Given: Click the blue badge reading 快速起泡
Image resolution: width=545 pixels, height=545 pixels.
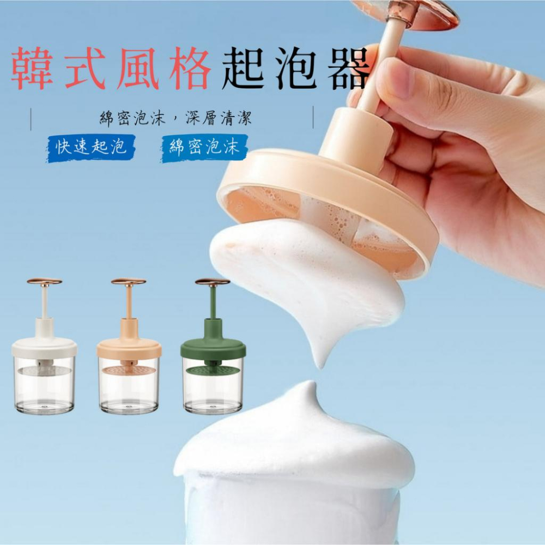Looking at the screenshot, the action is pyautogui.click(x=90, y=148).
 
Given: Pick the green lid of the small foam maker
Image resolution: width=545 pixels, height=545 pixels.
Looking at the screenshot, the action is pyautogui.click(x=213, y=349).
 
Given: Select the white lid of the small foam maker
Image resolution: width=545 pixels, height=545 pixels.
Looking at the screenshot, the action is pyautogui.click(x=45, y=349).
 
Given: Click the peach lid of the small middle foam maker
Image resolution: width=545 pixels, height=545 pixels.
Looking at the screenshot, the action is pyautogui.click(x=129, y=349).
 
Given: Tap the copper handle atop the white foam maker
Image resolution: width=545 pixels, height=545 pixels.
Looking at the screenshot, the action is pyautogui.click(x=45, y=281).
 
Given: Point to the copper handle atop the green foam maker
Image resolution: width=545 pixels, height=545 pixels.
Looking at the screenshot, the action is pyautogui.click(x=213, y=281).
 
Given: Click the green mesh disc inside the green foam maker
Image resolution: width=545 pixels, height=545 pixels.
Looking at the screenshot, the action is pyautogui.click(x=213, y=370).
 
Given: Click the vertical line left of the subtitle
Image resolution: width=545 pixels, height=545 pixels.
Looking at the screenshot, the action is pyautogui.click(x=31, y=119).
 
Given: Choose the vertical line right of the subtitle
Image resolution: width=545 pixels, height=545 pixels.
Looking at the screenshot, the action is pyautogui.click(x=313, y=118).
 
